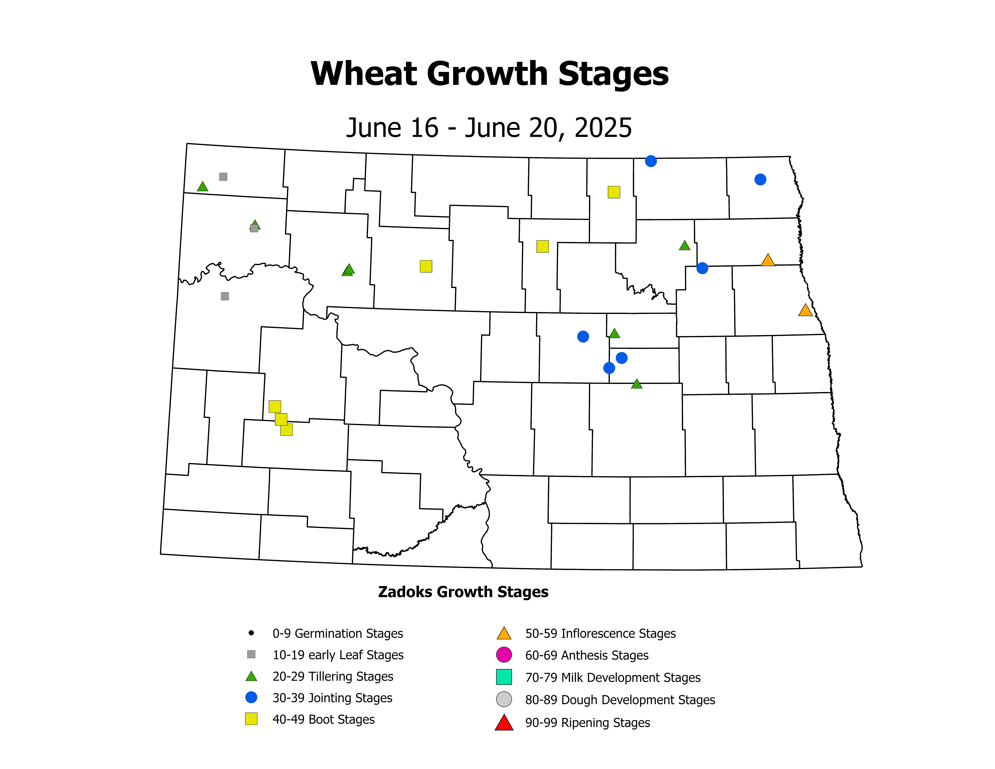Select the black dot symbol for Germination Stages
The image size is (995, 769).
point(251,633)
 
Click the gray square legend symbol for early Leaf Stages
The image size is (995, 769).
point(251,654)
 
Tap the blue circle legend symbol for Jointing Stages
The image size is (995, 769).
point(251,697)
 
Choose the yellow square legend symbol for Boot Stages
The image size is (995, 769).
point(251,719)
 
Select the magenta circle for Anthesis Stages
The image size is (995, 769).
point(504,655)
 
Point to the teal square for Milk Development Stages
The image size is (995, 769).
point(504,677)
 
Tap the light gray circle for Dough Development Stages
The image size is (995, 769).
point(504,699)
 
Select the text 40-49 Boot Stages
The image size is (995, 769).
point(324,719)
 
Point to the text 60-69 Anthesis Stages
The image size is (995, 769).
point(587,655)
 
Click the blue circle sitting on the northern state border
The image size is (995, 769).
point(651,161)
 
